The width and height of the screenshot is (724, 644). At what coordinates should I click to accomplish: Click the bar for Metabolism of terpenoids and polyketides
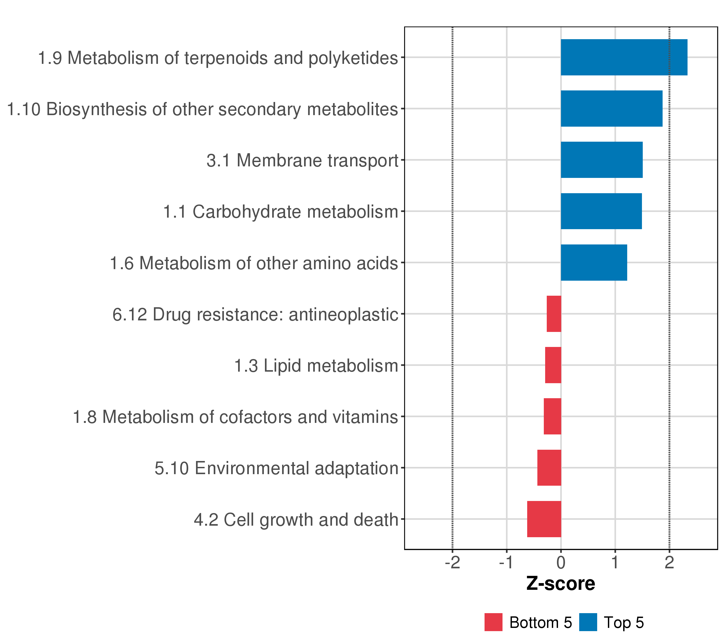(624, 57)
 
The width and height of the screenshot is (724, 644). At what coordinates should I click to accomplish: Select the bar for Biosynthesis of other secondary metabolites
(611, 108)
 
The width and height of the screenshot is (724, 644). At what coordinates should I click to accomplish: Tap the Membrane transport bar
(601, 160)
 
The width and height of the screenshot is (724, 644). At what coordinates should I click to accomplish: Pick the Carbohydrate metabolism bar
(601, 211)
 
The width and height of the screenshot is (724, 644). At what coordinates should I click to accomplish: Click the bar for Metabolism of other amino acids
(594, 263)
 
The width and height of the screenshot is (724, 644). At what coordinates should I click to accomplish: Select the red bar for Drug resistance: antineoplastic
(554, 314)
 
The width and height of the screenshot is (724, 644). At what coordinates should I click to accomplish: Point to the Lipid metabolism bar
(553, 365)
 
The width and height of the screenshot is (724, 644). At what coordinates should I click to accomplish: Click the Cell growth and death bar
(544, 519)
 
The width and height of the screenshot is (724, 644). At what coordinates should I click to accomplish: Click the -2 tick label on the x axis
(452, 562)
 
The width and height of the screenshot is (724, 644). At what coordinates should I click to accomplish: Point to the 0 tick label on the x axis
(561, 562)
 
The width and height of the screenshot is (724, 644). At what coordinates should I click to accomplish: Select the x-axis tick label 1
(615, 562)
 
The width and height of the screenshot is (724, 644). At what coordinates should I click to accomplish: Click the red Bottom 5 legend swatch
(493, 622)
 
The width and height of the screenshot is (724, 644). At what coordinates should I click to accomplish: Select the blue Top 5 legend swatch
(588, 622)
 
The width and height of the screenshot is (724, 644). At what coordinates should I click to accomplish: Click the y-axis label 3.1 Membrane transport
(302, 160)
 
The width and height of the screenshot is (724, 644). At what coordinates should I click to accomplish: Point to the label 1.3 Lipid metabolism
(316, 365)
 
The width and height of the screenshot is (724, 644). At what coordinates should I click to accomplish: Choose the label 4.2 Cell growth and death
(296, 519)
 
